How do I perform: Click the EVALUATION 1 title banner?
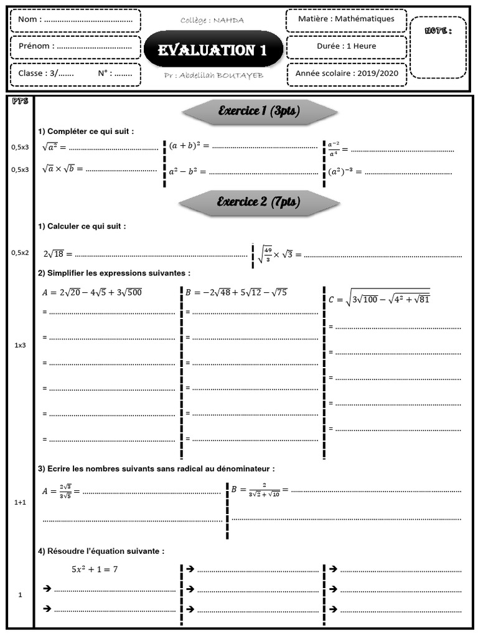[x=212, y=50]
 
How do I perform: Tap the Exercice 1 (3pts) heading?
[x=258, y=112]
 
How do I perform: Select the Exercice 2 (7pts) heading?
[x=258, y=202]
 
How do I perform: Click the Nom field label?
[x=30, y=19]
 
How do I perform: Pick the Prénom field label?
[x=36, y=46]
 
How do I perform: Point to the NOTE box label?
[x=438, y=31]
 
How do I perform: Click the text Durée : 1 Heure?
[x=346, y=46]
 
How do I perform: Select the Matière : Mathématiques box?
[x=346, y=19]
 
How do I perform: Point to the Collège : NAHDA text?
[x=212, y=21]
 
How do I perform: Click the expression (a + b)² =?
[x=189, y=146]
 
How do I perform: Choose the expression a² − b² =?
[x=187, y=170]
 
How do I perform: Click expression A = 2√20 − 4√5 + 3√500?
[x=91, y=292]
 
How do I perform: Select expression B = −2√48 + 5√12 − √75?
[x=236, y=292]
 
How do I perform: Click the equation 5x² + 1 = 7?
[x=95, y=569]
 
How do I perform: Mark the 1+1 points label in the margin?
[x=21, y=502]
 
